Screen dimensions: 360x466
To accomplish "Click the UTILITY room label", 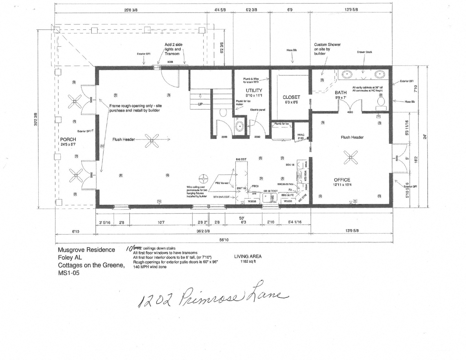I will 254,90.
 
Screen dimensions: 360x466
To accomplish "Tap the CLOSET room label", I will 291,97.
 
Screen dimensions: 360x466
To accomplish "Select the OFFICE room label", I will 342,180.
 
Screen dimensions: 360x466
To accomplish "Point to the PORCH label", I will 68,139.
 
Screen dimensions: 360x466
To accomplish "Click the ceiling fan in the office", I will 350,157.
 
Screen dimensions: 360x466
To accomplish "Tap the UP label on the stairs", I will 200,104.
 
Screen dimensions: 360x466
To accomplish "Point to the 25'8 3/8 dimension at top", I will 131,10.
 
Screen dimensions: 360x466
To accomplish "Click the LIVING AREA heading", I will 248,256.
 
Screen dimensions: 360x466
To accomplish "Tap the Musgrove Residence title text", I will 86,250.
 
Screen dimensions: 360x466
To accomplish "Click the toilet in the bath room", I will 381,102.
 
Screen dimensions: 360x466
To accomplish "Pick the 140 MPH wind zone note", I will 150,267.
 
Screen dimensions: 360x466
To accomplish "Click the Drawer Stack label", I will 364,52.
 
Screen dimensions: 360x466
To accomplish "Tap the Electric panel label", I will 257,110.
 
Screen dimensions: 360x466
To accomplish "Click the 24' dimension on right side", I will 424,137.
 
